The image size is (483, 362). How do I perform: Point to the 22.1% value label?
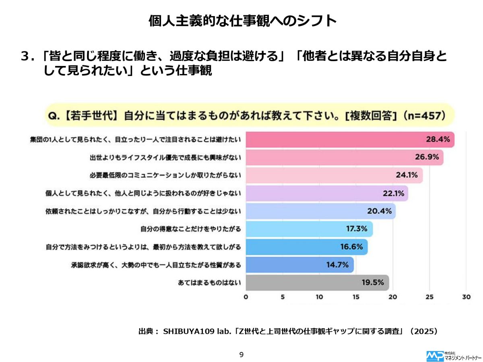(393, 193)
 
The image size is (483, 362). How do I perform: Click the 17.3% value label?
(357, 229)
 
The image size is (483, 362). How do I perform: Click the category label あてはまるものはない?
(209, 282)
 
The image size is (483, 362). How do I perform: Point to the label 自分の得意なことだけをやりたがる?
(190, 229)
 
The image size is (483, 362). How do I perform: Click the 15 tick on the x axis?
(356, 298)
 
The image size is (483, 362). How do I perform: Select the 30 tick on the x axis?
(466, 298)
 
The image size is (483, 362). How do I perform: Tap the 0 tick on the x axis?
(246, 298)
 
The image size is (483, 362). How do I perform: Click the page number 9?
(242, 354)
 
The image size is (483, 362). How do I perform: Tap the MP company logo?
(435, 356)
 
